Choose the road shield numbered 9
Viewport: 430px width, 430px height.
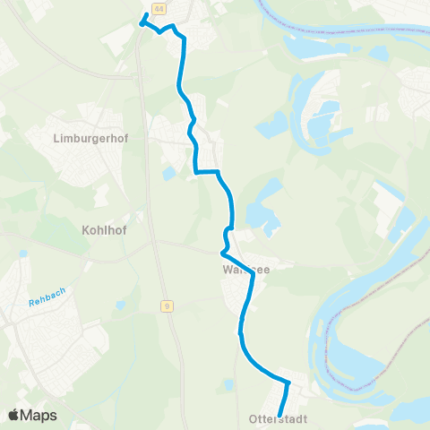click(x=168, y=305)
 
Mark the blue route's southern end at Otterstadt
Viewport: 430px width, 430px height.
click(x=281, y=414)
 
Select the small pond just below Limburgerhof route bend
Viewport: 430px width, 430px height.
click(x=169, y=173)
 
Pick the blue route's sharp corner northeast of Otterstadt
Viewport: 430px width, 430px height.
click(x=288, y=383)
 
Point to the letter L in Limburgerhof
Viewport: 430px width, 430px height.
click(x=56, y=140)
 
